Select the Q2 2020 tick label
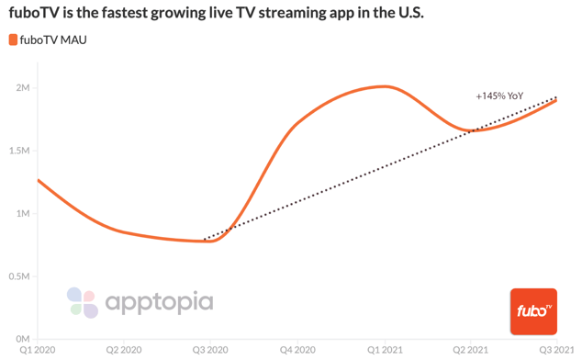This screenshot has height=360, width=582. (124, 351)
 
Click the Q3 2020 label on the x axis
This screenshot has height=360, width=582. (210, 351)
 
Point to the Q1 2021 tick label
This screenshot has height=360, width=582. (384, 351)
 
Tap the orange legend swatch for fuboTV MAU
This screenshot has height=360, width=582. (13, 39)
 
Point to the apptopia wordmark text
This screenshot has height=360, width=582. (159, 301)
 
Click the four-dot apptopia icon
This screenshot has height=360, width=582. (82, 302)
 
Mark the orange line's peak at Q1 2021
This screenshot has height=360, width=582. (384, 86)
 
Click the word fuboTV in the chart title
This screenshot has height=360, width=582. (35, 15)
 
